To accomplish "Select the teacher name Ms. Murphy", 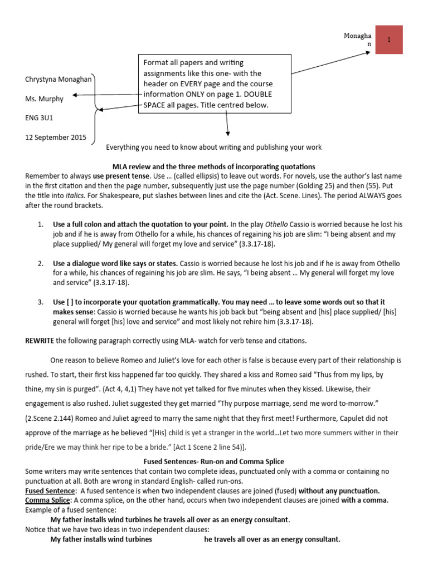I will pos(45,99).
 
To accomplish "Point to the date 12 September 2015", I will pos(56,137).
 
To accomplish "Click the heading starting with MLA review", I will pos(213,166).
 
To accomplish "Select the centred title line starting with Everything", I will pos(213,147).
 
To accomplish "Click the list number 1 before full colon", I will pos(40,224).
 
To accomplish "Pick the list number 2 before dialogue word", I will pos(40,263).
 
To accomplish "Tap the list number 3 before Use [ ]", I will pos(40,302).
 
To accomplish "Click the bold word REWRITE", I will pos(40,341).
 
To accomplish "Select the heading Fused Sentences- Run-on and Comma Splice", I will pos(213,461).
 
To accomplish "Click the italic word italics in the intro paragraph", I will pos(76,196).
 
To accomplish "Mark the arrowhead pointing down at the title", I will pos(227,134).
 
